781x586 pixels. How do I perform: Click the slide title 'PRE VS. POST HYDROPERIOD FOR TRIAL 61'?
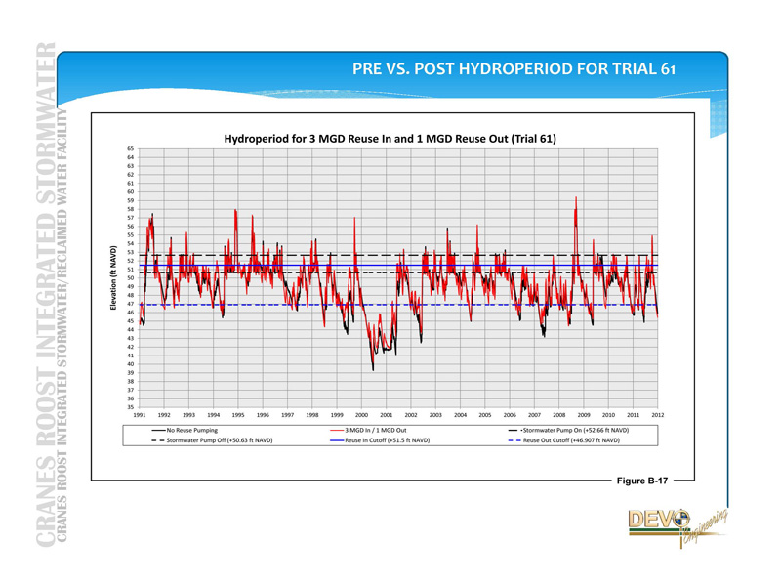coord(514,70)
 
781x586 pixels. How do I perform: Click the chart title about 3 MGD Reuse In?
coord(390,139)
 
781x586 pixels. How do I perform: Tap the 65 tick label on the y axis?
coord(130,148)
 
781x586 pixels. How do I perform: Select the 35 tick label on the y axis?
coord(130,407)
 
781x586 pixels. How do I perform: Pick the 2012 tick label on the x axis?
coord(658,416)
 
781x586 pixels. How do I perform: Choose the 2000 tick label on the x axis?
coord(361,416)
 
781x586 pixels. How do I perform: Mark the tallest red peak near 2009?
coord(576,197)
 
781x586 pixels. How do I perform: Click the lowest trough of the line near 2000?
coord(372,369)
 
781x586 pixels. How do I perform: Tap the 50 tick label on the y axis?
coord(130,277)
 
